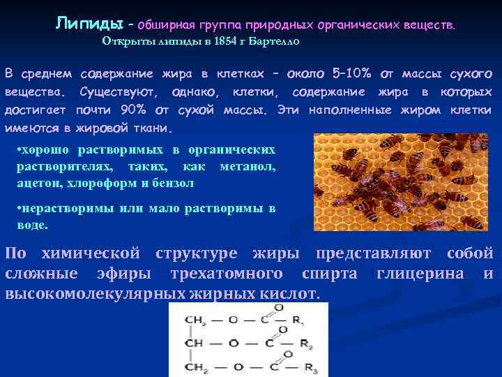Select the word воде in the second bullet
click(x=32, y=225)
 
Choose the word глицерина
click(x=420, y=273)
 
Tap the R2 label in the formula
click(x=304, y=343)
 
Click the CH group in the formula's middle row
click(x=194, y=343)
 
